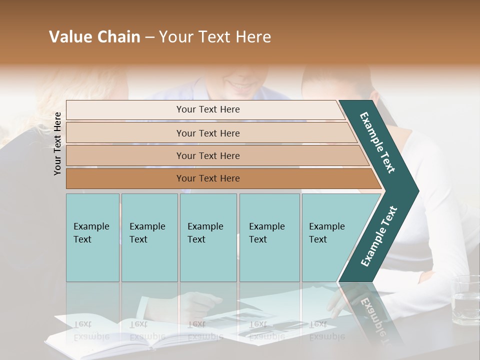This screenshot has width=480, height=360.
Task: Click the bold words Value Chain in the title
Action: point(94,37)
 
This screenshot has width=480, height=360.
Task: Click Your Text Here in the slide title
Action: point(215,37)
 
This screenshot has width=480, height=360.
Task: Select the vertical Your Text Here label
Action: point(57,143)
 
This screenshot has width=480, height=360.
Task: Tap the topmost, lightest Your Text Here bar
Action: point(208,109)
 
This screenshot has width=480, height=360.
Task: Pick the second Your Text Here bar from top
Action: point(208,133)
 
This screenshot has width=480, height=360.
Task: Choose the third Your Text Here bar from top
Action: point(208,155)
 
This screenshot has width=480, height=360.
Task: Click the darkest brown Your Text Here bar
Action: point(208,178)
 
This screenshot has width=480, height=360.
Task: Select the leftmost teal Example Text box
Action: point(92,237)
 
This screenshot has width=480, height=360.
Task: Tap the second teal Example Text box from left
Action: point(149,237)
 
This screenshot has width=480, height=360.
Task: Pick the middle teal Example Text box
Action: point(208,237)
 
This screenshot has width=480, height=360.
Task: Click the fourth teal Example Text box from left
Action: point(269,237)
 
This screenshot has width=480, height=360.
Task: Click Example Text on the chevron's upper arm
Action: point(377,142)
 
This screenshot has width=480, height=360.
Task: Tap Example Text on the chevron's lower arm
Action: point(379,236)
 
